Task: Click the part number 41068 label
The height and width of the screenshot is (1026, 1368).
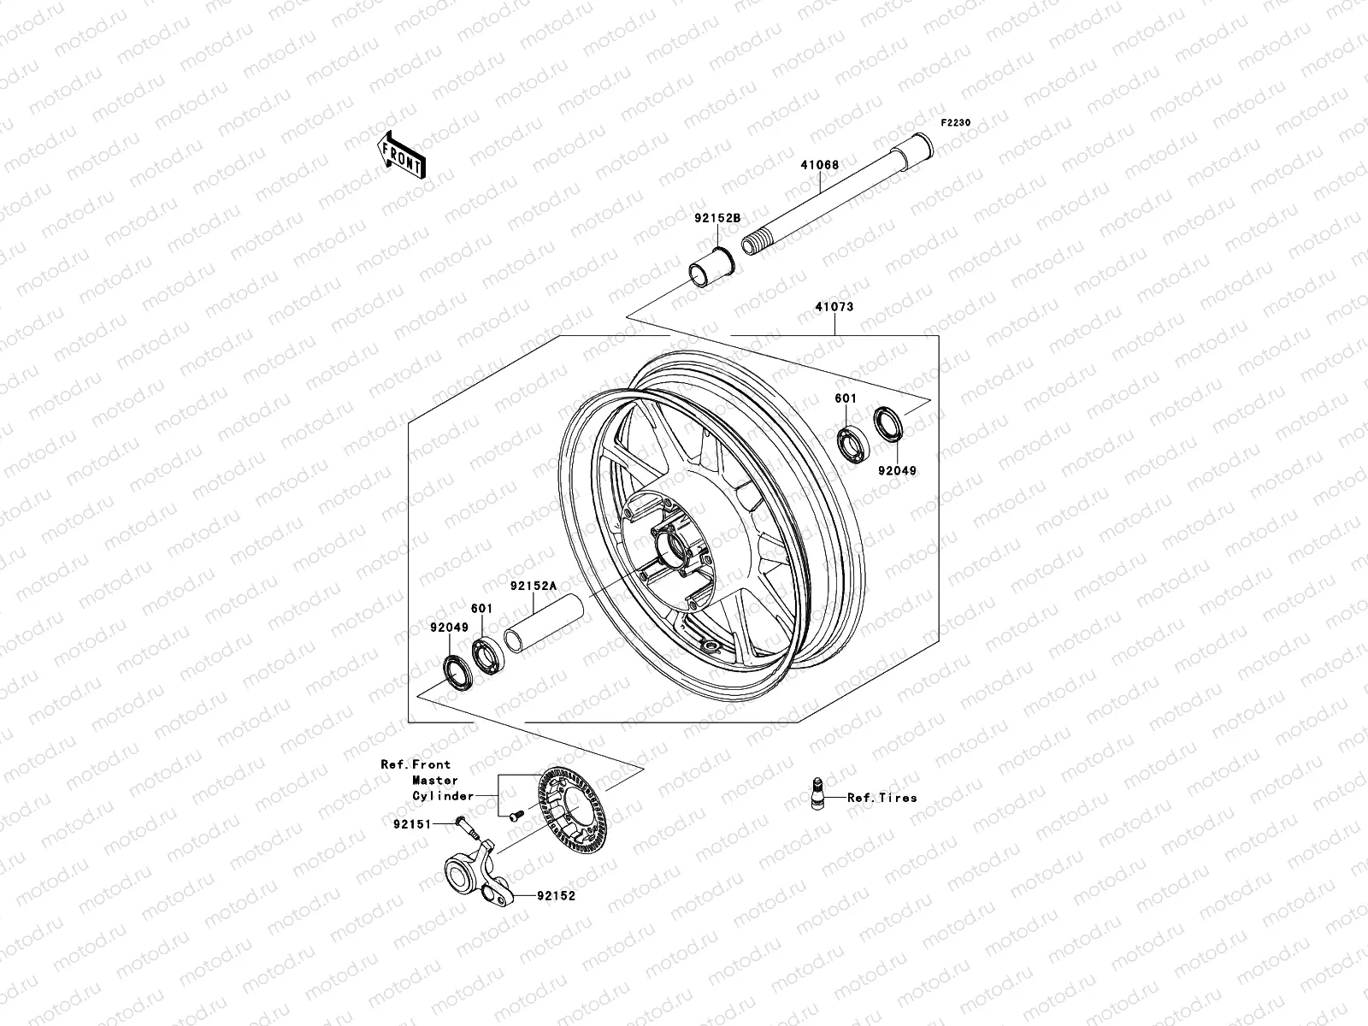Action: click(x=819, y=165)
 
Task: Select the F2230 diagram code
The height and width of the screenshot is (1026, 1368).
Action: click(x=956, y=123)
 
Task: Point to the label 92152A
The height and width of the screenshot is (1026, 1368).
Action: click(x=534, y=587)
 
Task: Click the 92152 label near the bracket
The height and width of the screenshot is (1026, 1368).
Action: click(x=556, y=896)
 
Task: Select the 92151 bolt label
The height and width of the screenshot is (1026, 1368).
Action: click(x=412, y=825)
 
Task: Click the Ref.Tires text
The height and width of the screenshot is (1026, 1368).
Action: click(x=882, y=798)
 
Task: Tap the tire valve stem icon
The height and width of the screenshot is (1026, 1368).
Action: click(x=816, y=791)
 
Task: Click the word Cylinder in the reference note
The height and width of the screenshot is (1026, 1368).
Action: click(x=443, y=796)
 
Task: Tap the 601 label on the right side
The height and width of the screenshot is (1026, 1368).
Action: click(x=845, y=398)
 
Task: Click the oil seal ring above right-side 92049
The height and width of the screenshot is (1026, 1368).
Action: click(x=889, y=424)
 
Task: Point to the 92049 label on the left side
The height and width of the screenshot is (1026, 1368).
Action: click(x=449, y=628)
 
